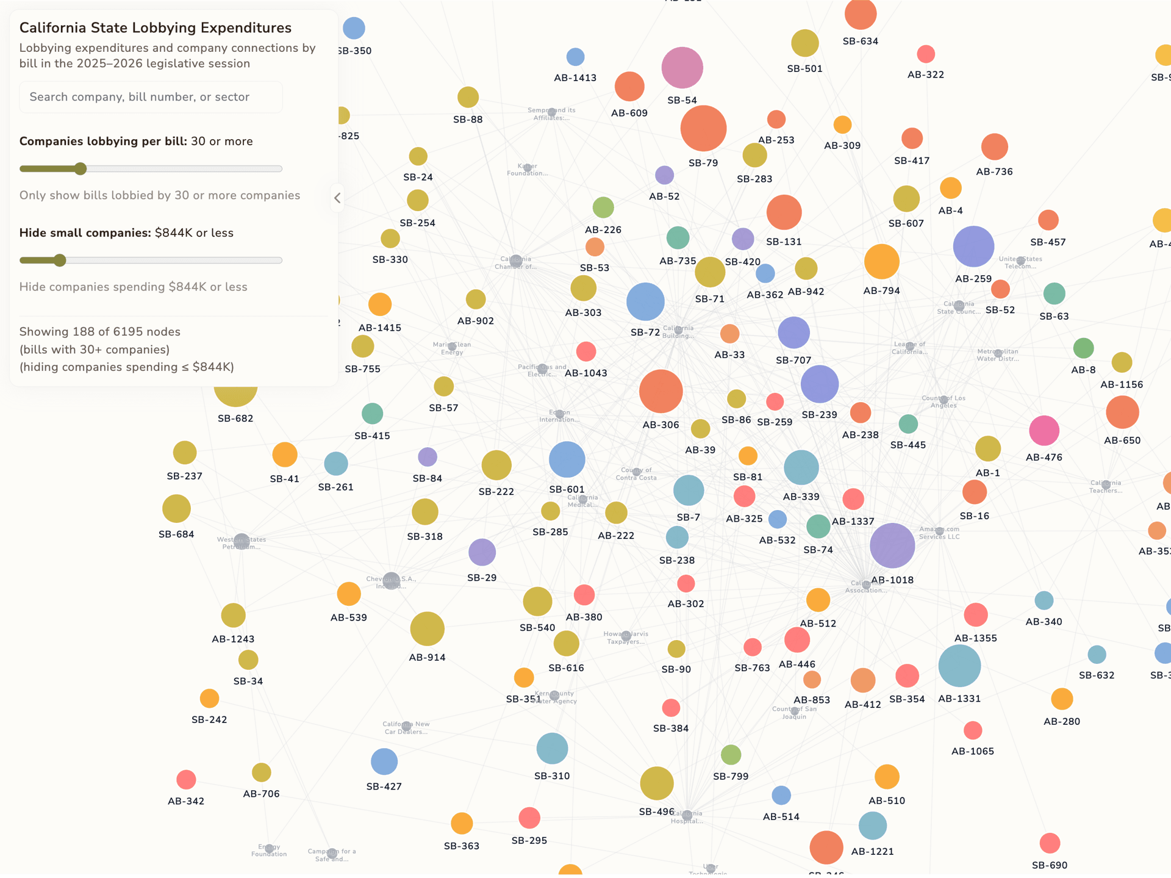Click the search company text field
[151, 97]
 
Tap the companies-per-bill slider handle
[81, 169]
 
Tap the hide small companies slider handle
[60, 261]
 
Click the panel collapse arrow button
[337, 198]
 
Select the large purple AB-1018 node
[892, 545]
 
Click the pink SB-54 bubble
[682, 68]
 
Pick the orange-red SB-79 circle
[703, 129]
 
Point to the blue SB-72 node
[645, 301]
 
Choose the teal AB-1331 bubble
[959, 666]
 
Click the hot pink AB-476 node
[1044, 430]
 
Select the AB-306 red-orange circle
[661, 391]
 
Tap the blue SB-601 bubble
[567, 459]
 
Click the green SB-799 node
[731, 755]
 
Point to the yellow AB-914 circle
[427, 628]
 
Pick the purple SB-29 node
[482, 552]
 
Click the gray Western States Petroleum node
[242, 541]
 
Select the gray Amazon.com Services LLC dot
[939, 531]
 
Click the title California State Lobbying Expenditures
[156, 27]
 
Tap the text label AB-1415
[379, 328]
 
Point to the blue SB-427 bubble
[384, 761]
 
